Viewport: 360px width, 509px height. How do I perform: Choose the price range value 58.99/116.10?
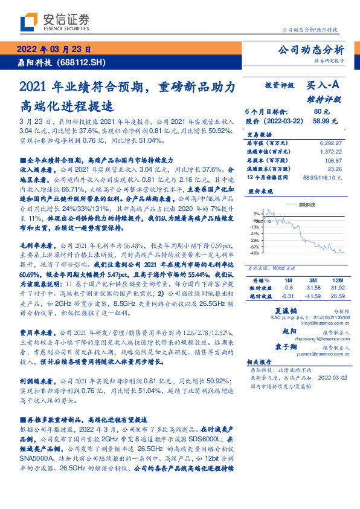point(321,178)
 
